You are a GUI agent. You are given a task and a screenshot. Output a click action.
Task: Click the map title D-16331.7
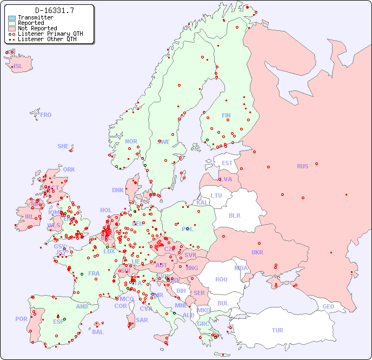(x=54, y=10)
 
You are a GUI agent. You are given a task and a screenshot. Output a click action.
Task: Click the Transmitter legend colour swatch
(x=12, y=18)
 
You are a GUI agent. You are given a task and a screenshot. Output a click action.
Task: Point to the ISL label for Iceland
(x=18, y=67)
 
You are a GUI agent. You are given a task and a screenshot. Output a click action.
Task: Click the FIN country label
(x=226, y=115)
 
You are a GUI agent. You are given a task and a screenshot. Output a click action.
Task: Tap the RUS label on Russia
(x=302, y=166)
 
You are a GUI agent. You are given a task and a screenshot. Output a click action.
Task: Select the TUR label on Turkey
(x=277, y=330)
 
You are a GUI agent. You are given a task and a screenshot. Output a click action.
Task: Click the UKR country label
(x=257, y=252)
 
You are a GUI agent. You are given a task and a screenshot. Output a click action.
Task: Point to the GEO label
(x=328, y=306)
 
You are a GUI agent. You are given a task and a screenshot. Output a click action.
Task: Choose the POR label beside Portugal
(x=21, y=319)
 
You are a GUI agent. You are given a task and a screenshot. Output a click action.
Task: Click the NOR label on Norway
(x=131, y=141)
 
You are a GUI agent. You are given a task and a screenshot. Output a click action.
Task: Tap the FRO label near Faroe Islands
(x=46, y=115)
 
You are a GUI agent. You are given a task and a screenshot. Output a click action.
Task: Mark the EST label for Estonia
(x=227, y=163)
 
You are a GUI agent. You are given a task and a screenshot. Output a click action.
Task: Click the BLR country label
(x=234, y=215)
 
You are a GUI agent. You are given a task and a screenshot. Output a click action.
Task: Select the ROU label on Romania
(x=221, y=279)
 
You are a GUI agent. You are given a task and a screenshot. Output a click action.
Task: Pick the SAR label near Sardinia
(x=142, y=320)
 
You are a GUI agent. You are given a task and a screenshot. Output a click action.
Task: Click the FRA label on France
(x=94, y=273)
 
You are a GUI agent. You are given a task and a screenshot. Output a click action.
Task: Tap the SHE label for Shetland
(x=63, y=146)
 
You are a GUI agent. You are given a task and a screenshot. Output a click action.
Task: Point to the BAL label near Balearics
(x=97, y=332)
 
